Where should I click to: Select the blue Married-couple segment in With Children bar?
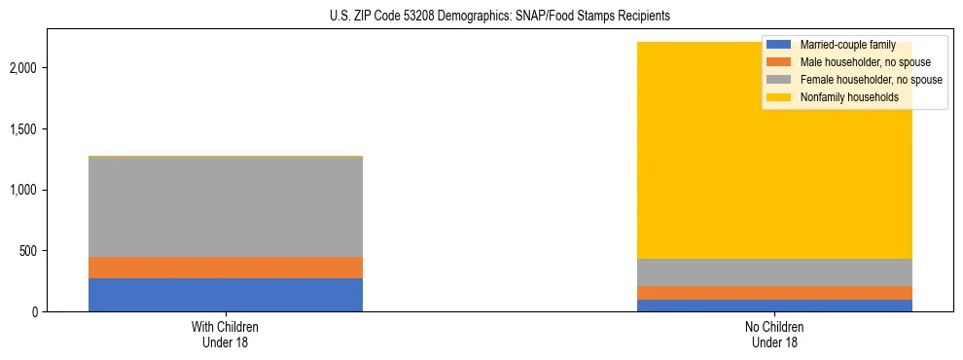[x=225, y=295]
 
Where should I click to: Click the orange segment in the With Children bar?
[x=225, y=268]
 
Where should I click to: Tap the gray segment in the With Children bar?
[x=225, y=206]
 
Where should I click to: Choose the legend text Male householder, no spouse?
[x=862, y=62]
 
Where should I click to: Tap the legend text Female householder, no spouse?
[x=871, y=80]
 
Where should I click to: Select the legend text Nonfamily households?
[x=842, y=97]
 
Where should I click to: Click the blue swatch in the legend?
[x=778, y=45]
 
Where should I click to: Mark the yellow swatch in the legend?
[x=778, y=97]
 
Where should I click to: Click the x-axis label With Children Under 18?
[x=225, y=335]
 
